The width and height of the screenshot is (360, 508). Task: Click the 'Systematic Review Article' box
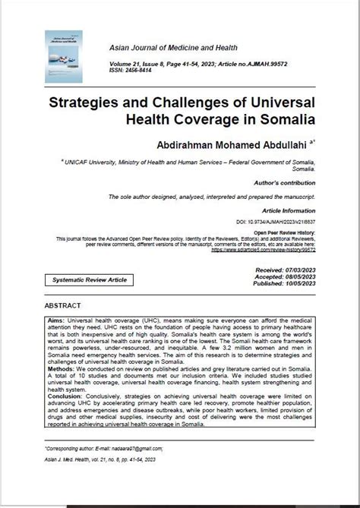click(90, 280)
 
